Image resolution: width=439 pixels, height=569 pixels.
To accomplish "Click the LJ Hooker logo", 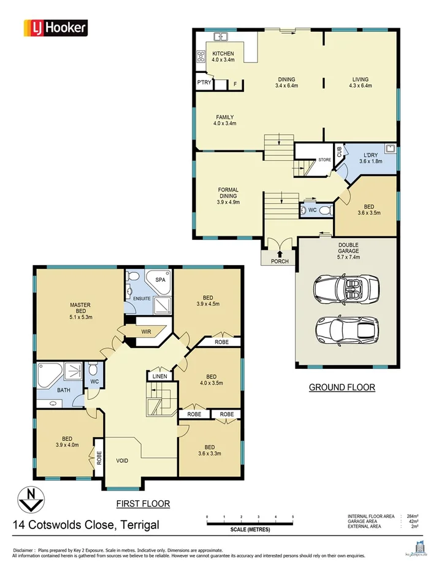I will pos(55,28).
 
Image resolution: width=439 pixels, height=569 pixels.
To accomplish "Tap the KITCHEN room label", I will pos(223,54).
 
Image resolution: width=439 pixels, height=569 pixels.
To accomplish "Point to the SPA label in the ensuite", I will pos(161,279).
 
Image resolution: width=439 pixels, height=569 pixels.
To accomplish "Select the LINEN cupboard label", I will pos(160,376).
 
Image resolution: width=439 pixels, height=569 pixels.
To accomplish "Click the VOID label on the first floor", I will pos(123,460).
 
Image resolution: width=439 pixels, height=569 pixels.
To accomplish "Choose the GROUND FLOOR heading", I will pos(342,387).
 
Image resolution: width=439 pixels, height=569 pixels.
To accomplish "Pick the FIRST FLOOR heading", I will pos(143,503).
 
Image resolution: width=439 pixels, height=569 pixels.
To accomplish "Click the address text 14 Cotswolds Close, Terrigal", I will pos(86,525).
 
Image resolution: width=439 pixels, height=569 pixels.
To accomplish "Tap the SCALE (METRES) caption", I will pos(250,529).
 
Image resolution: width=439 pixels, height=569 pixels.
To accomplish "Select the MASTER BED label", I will pos(80,308).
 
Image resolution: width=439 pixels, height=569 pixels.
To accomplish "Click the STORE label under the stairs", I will pos(324,160).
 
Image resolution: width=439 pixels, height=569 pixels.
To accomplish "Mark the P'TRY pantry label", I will pos(204,82).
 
